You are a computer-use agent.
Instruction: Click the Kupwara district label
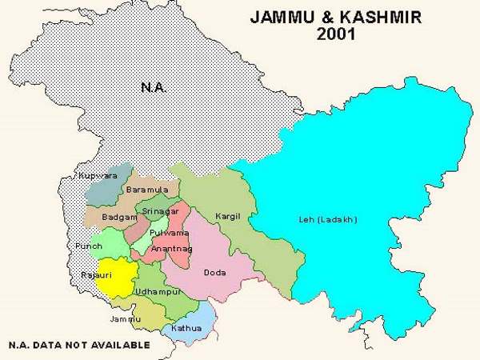tap(94, 175)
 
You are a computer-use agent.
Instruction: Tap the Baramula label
tap(146, 190)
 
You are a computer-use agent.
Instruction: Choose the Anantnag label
tap(170, 249)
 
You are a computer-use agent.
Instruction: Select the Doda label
tap(214, 273)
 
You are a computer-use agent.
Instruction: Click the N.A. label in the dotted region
tap(154, 86)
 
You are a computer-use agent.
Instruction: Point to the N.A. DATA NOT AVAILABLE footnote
tap(78, 345)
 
